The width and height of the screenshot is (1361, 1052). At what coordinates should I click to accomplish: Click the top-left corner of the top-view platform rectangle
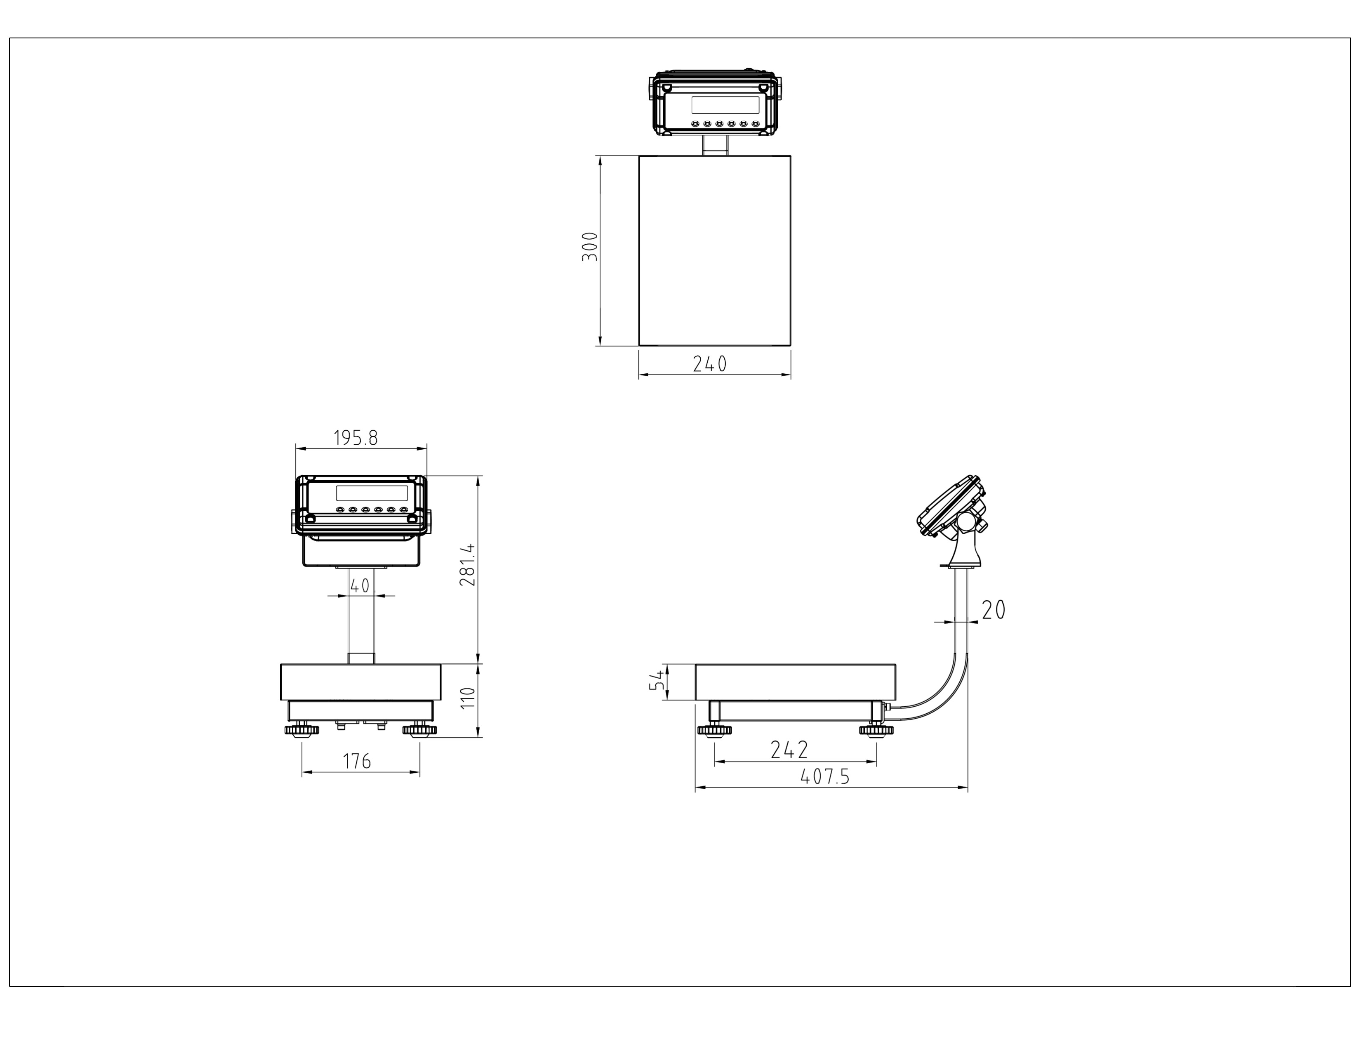tap(639, 156)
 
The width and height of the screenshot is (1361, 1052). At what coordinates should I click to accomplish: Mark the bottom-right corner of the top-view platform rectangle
tap(791, 345)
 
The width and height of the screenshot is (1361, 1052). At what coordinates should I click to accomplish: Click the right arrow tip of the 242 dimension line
tap(876, 762)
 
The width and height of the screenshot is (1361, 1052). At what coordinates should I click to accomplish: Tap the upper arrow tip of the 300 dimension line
tap(600, 156)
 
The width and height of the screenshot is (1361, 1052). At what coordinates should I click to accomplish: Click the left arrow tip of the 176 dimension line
tap(303, 773)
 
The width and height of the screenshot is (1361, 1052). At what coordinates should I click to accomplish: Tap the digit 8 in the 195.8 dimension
tap(373, 438)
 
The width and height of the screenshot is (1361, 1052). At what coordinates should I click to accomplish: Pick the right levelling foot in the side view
tap(875, 730)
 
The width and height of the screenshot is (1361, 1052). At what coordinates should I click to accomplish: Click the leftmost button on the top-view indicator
tap(695, 123)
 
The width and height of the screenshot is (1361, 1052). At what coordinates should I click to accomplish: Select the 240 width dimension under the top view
tap(710, 364)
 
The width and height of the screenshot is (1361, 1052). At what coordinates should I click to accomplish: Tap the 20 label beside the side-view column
tap(994, 610)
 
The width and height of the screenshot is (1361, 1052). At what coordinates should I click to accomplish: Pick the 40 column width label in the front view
tap(360, 586)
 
